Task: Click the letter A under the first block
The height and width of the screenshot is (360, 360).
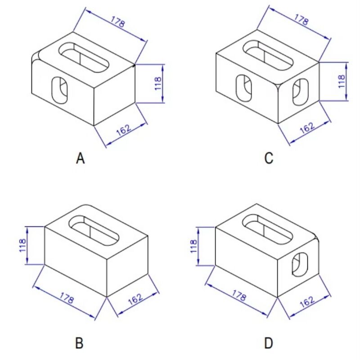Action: [80, 158]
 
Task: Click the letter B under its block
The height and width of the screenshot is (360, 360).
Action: [79, 343]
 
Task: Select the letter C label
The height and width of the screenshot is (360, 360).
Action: [269, 158]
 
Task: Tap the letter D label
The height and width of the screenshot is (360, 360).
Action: [269, 343]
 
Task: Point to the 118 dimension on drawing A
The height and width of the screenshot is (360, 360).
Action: [158, 84]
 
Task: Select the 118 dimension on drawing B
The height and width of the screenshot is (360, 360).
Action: [23, 246]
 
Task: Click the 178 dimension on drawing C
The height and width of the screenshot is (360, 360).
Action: [301, 20]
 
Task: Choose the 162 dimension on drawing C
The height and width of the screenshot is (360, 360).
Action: [307, 127]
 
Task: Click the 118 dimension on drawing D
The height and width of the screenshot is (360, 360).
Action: [193, 246]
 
